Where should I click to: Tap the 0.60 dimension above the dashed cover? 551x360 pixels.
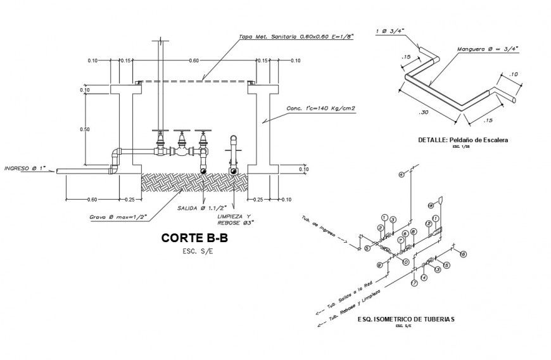[194, 60]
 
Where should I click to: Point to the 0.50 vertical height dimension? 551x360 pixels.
[84, 129]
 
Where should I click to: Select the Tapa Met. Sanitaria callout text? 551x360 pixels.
[296, 37]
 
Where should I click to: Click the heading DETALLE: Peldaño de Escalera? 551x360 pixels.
[463, 139]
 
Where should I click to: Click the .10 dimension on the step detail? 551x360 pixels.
[514, 74]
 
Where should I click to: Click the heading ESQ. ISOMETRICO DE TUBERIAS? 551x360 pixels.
[405, 319]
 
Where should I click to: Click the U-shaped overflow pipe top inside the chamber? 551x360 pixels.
[234, 138]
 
